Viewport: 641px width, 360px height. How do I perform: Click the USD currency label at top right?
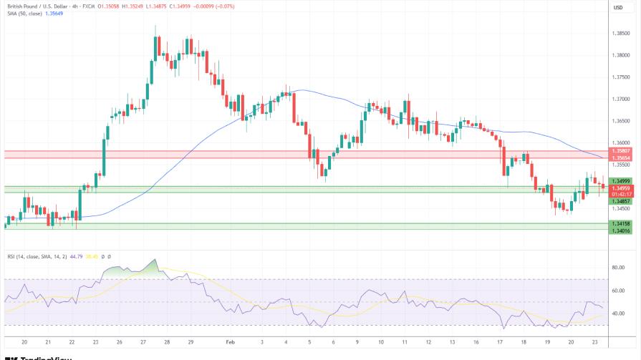coord(618,7)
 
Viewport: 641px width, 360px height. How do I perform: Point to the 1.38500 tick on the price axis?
coord(621,33)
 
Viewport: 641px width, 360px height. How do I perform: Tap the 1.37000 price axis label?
coord(621,99)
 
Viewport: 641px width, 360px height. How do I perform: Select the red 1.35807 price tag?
coord(621,151)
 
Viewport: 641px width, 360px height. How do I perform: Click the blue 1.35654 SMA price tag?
coord(621,157)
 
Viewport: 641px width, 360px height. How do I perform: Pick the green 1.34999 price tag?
coord(621,181)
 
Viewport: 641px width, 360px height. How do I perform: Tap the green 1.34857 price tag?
coord(621,202)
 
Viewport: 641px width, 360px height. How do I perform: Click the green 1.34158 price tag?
coord(621,224)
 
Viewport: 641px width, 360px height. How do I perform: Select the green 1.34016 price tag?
coord(621,230)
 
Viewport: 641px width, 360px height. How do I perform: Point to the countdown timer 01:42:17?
coord(621,193)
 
